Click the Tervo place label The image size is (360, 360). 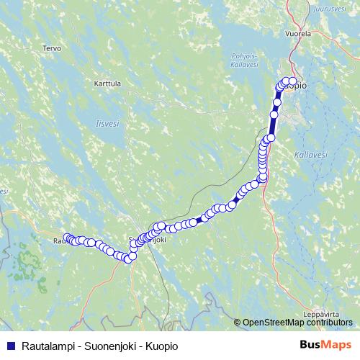(51, 48)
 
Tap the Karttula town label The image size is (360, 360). (107, 84)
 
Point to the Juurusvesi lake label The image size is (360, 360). (330, 9)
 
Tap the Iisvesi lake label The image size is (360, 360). (107, 123)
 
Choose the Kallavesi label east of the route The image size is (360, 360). (311, 154)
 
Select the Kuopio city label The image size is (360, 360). (297, 86)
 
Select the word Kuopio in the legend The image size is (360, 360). (160, 346)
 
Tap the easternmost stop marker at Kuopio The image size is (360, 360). (292, 81)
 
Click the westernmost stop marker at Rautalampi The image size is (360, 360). (67, 238)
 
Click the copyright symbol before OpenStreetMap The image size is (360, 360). (238, 323)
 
